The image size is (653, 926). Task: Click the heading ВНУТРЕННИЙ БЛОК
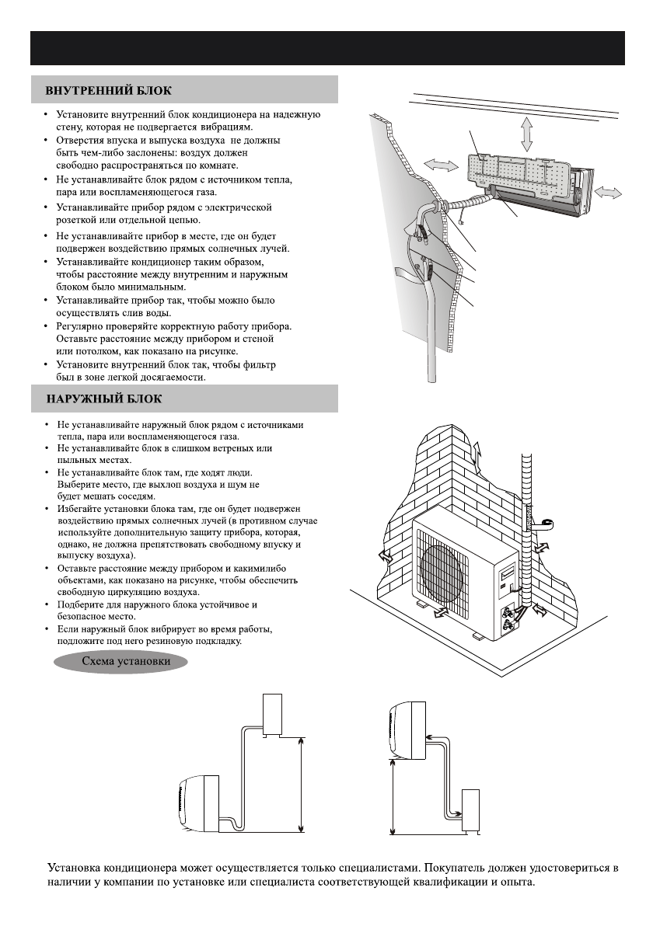pos(109,90)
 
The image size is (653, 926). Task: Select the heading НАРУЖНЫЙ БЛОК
pos(103,399)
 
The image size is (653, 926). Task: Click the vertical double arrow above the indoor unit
pos(527,134)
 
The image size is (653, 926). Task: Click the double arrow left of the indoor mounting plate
pos(440,166)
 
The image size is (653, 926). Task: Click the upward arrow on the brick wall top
pos(477,450)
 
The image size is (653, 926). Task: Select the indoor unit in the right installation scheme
pos(406,729)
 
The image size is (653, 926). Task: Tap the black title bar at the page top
pos(326,48)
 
